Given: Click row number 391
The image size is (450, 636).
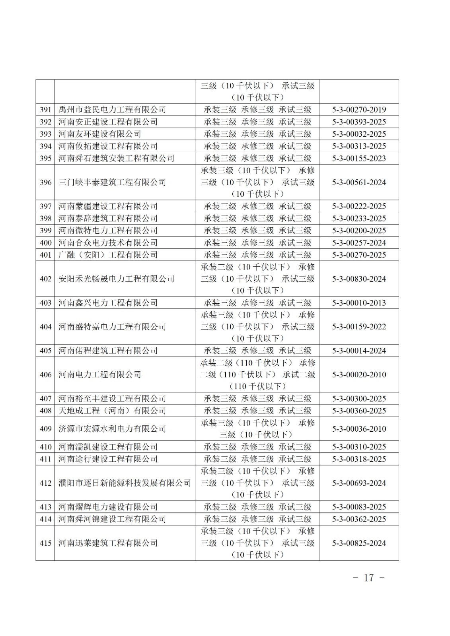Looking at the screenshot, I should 45,110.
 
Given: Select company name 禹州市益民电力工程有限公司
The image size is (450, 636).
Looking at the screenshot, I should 112,110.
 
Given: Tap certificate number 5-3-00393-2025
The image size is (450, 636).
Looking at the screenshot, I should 359,122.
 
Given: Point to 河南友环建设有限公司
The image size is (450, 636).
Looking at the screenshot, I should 99,134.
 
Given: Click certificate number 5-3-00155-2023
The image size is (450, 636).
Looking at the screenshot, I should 359,158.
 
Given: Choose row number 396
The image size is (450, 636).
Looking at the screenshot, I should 45,182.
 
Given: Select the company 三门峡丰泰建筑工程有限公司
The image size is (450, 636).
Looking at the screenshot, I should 112,182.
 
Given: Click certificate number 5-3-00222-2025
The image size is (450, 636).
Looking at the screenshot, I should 359,206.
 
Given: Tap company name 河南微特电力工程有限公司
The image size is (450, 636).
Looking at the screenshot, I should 108,231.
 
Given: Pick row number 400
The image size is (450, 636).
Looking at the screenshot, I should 45,243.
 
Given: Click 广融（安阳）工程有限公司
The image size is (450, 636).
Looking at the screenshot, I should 108,255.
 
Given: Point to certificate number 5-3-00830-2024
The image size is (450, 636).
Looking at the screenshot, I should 359,279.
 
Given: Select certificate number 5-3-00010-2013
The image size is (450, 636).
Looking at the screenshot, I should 359,303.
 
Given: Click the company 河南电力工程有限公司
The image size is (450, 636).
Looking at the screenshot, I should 99,374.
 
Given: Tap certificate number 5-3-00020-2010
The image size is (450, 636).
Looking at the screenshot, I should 359,374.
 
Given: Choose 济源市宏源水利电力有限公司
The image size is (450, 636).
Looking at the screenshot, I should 112,429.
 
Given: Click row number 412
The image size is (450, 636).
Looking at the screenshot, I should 45,483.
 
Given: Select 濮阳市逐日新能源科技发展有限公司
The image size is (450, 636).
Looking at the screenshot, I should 125,483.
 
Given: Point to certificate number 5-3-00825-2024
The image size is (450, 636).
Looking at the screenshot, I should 359,543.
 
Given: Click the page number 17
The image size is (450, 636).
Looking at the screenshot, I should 369,578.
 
